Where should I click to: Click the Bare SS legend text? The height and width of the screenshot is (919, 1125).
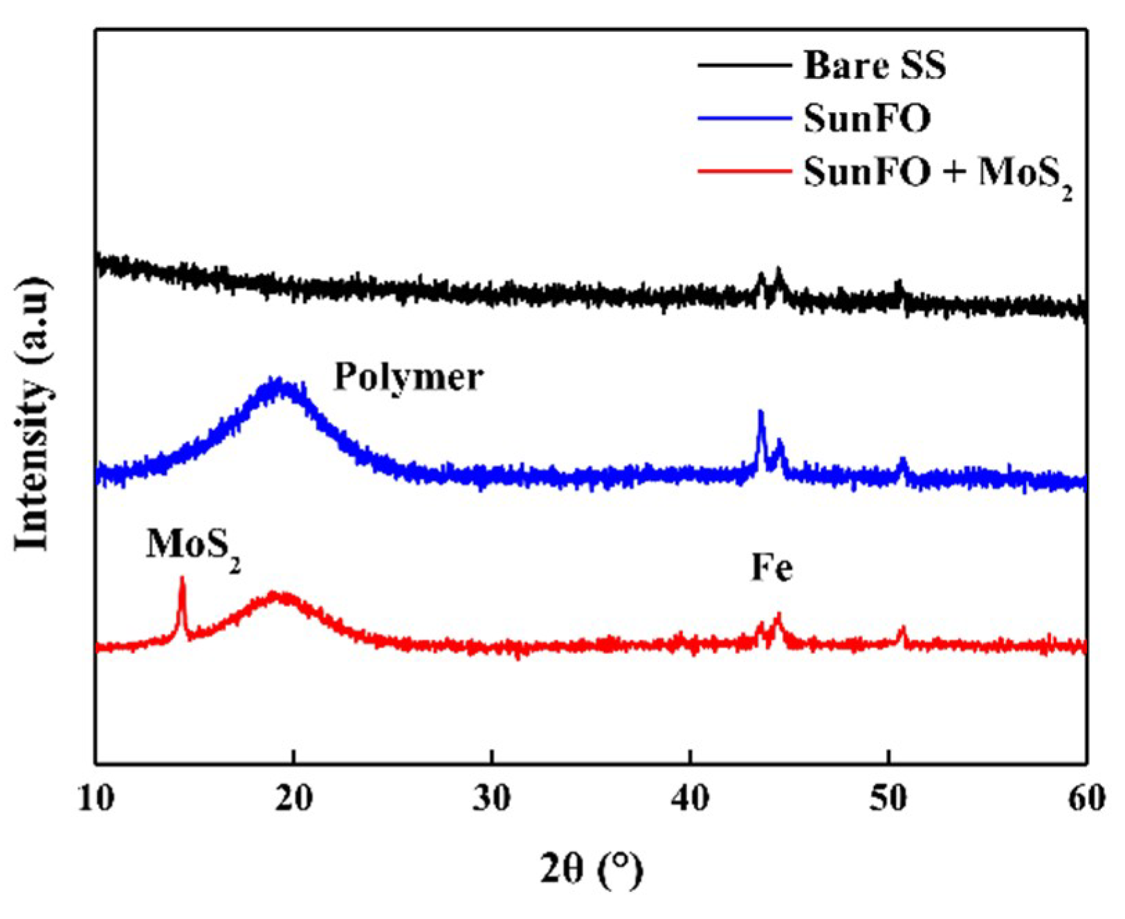pos(874,66)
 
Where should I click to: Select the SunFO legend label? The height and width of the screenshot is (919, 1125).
pos(866,119)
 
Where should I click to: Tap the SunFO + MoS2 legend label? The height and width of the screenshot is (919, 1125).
pos(937,173)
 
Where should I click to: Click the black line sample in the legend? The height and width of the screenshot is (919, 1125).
pos(744,65)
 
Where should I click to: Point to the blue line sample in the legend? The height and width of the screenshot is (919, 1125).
pos(744,118)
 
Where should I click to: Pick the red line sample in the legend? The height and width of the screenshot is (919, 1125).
pos(744,172)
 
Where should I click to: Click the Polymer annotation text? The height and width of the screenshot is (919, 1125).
pos(408,378)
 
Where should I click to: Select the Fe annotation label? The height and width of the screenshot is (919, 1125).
pos(771,569)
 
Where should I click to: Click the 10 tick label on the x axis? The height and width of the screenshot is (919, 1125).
pos(95,799)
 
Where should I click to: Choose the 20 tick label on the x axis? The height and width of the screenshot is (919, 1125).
pos(293,799)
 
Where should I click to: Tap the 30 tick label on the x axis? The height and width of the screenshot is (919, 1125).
pos(492,799)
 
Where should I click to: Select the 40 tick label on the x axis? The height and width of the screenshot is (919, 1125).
pos(690,799)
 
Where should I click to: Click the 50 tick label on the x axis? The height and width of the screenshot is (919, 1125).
pos(888,799)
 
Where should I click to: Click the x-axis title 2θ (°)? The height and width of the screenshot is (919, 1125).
pos(591,870)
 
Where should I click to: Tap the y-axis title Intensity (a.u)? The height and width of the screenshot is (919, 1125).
pos(33,414)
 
